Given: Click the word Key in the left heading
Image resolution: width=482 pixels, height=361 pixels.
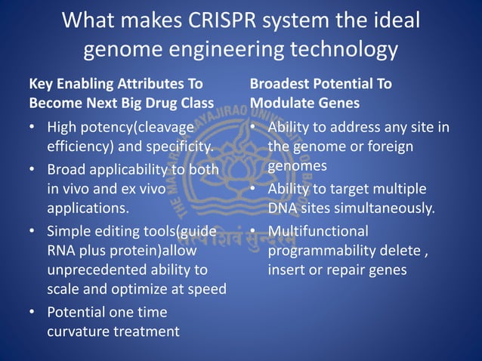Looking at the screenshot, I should coord(41,84).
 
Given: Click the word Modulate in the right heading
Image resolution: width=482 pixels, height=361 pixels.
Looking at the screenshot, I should coord(283,102).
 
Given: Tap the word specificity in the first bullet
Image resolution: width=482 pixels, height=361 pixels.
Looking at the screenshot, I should coord(173,146).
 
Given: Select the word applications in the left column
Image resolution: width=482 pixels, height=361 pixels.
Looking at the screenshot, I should coord(87,208).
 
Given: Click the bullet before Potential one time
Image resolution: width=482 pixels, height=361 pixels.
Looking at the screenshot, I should coord(33,312).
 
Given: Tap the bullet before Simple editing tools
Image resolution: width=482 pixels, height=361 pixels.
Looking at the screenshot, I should coord(33,231).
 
